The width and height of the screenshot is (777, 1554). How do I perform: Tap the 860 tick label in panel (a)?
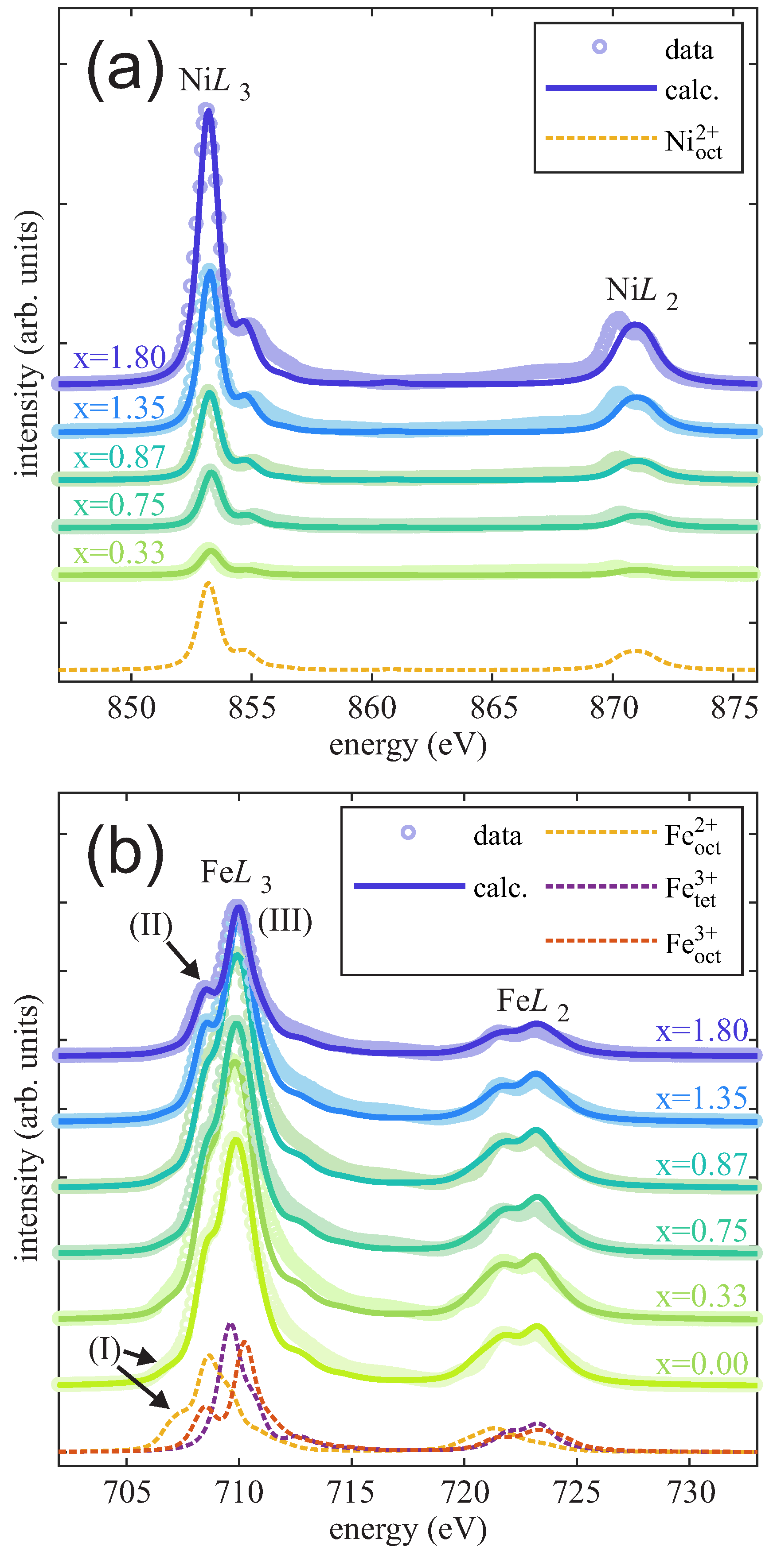pyautogui.click(x=372, y=707)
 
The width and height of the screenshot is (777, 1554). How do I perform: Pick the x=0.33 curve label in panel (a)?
pyautogui.click(x=119, y=553)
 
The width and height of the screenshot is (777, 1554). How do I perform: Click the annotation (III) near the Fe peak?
pyautogui.click(x=285, y=921)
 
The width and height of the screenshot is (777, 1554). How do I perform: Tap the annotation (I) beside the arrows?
pyautogui.click(x=105, y=1349)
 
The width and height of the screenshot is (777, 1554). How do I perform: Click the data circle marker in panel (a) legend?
pyautogui.click(x=600, y=46)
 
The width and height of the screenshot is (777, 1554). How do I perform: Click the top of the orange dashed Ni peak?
pyautogui.click(x=208, y=584)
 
